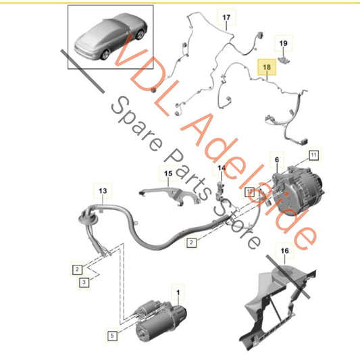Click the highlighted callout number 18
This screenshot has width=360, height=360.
(267, 68)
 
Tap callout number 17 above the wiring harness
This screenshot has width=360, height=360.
(226, 17)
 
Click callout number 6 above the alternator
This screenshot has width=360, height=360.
(275, 159)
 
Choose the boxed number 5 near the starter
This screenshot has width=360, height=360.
(112, 333)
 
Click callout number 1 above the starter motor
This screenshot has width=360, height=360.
(178, 292)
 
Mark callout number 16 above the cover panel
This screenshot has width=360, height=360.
(284, 251)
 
